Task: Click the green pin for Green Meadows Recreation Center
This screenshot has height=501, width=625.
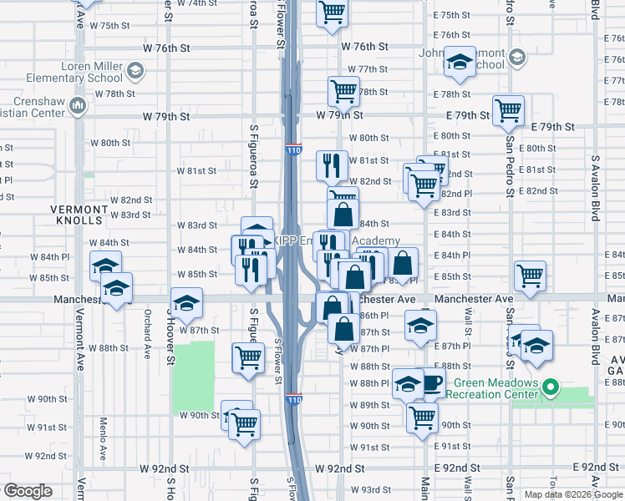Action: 550,388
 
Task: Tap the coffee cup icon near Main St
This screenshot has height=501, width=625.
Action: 432,383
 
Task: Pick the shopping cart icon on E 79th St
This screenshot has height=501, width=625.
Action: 508,110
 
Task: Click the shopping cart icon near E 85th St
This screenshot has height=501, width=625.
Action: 530,276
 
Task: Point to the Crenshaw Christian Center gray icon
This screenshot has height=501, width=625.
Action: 78,105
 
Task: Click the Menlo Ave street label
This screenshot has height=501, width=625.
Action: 104,439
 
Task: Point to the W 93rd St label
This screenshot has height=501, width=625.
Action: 368,489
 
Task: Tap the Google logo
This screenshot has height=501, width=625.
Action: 28,491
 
